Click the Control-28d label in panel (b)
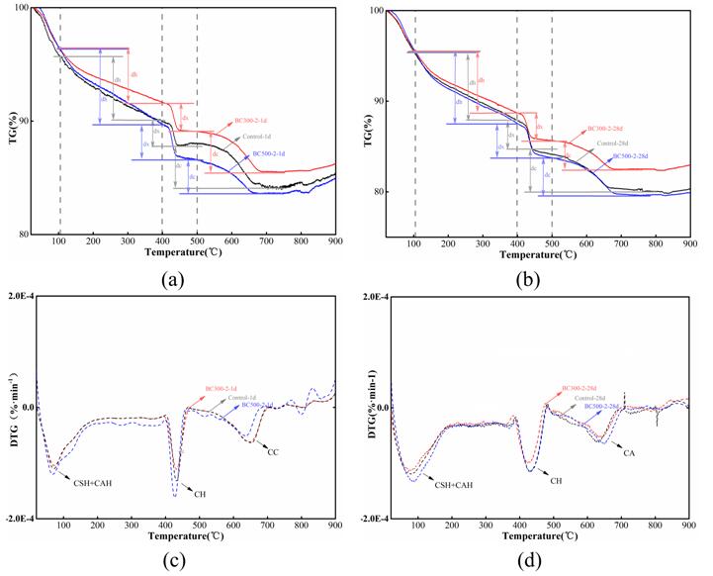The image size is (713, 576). (x=616, y=144)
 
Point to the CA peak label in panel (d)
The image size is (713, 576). (x=629, y=451)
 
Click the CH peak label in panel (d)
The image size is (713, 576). (x=556, y=481)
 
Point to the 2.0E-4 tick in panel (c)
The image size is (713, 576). (x=20, y=297)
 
